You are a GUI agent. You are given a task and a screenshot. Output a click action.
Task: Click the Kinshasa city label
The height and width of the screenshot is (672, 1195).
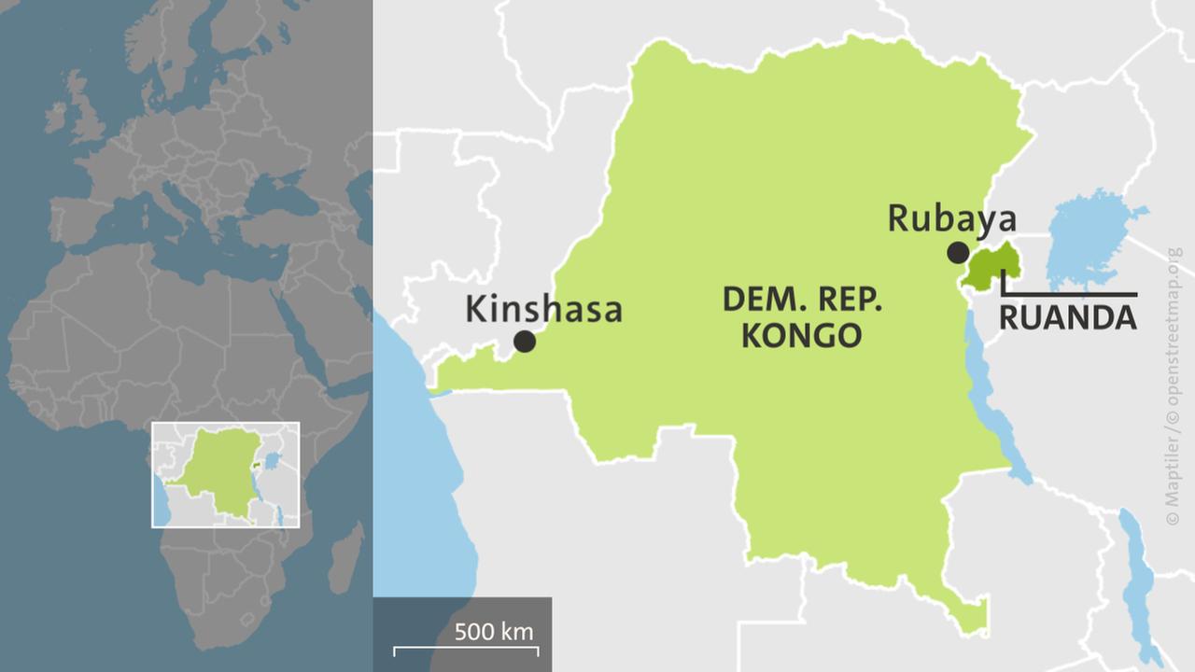[543, 309]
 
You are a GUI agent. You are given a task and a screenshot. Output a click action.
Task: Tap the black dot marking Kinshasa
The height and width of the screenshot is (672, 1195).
[525, 342]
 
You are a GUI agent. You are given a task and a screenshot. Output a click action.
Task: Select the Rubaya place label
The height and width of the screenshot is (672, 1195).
[951, 218]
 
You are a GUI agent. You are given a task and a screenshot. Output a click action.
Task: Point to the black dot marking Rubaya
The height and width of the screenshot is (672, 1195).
[957, 252]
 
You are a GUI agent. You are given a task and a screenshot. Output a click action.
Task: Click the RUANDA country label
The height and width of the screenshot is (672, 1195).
[1068, 318]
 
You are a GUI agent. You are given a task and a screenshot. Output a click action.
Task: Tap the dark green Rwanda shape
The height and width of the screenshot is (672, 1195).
[991, 267]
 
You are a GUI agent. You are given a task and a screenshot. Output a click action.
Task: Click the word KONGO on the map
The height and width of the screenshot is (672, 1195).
[801, 335]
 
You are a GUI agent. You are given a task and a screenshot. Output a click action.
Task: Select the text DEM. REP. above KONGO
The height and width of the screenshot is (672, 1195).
[802, 301]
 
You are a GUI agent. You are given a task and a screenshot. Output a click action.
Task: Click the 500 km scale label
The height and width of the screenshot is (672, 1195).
[494, 632]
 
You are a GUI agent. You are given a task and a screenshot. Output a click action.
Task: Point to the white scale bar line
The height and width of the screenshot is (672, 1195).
[466, 647]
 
